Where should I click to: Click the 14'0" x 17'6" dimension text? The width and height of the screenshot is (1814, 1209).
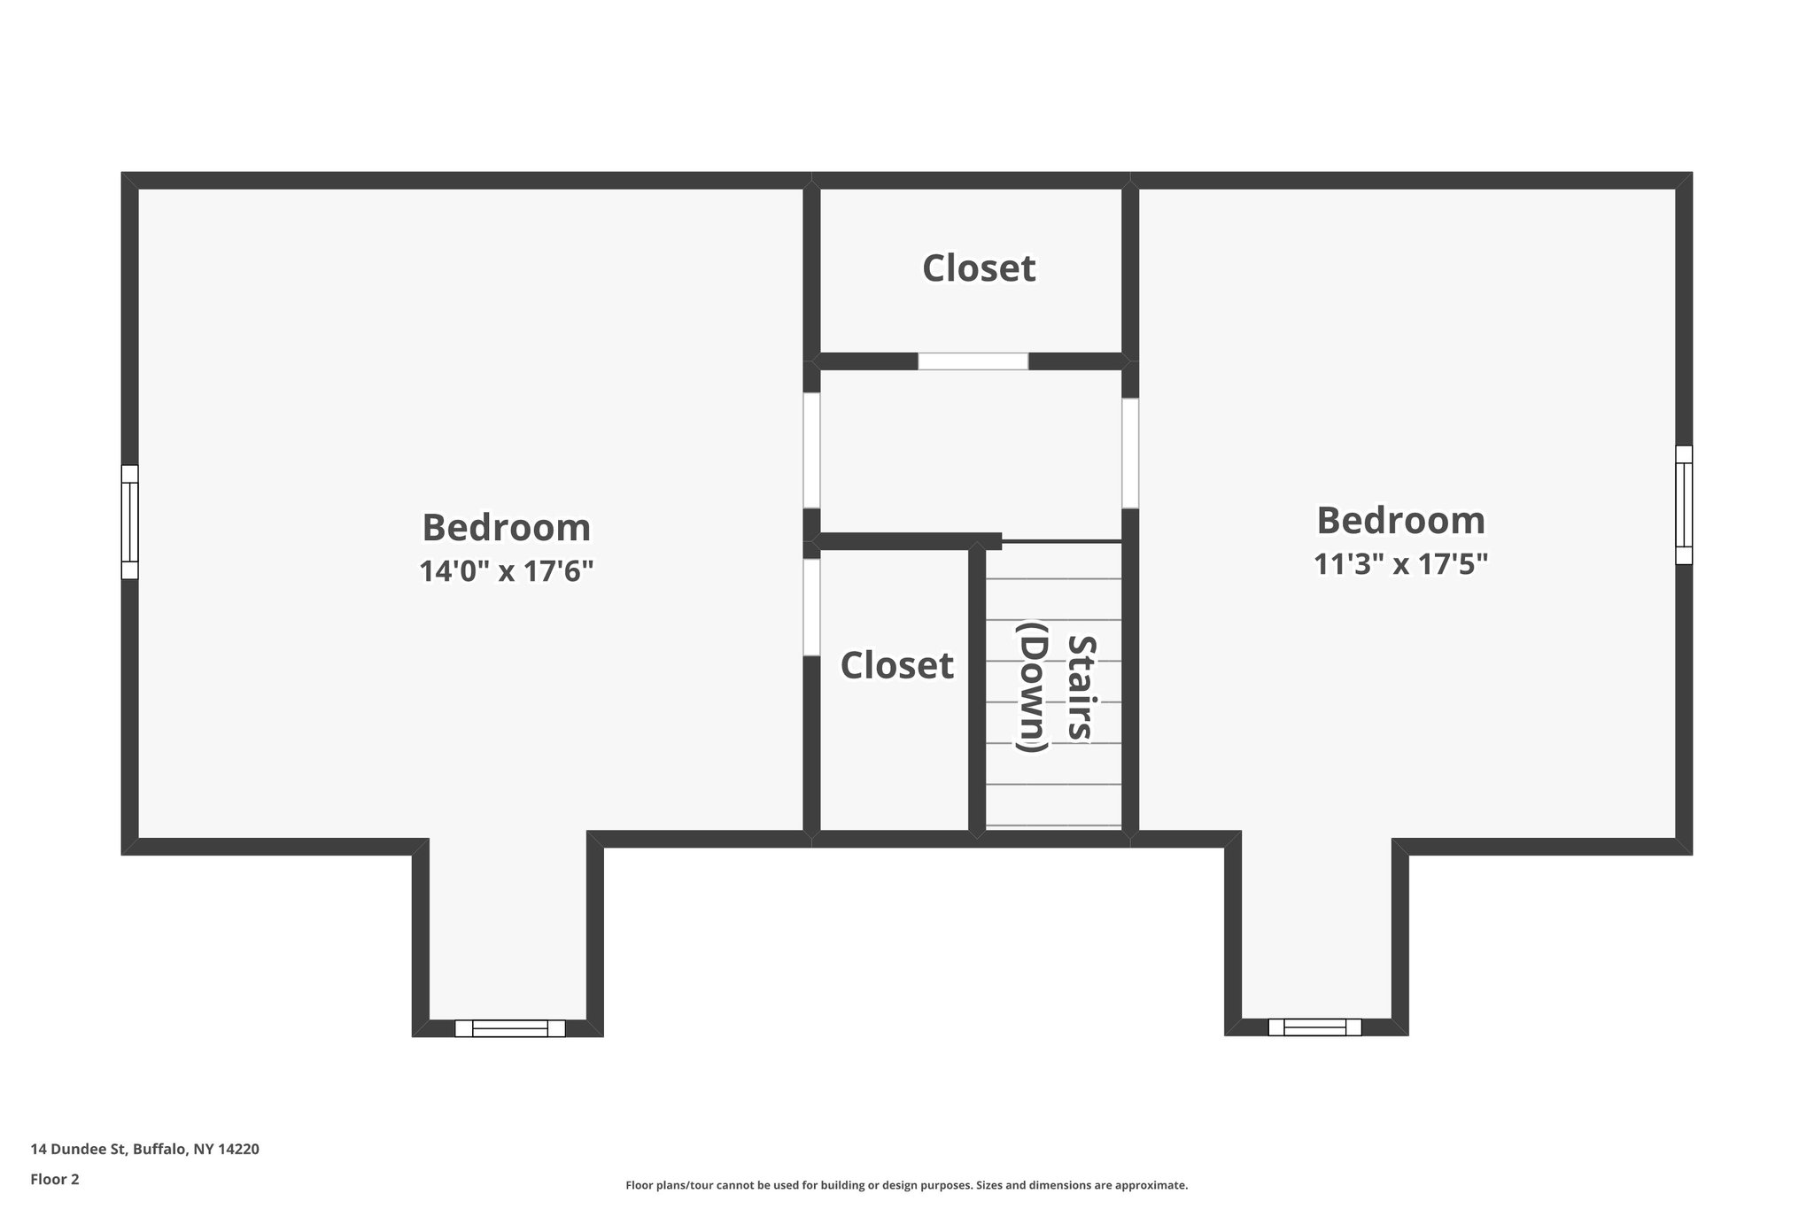pyautogui.click(x=506, y=571)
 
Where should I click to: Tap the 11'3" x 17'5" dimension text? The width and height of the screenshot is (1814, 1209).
pyautogui.click(x=1399, y=563)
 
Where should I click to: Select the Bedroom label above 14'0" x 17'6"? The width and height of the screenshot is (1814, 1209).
pyautogui.click(x=506, y=528)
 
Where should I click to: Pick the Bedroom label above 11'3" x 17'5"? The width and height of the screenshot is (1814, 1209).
pyautogui.click(x=1400, y=520)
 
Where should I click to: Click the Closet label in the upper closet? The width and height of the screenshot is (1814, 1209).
pyautogui.click(x=978, y=268)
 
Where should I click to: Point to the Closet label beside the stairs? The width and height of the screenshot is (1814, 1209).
pyautogui.click(x=896, y=665)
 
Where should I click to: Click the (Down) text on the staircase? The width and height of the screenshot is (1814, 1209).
pyautogui.click(x=1033, y=687)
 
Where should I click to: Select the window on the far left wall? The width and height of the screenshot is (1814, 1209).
pyautogui.click(x=130, y=522)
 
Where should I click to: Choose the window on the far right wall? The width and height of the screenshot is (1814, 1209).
pyautogui.click(x=1683, y=505)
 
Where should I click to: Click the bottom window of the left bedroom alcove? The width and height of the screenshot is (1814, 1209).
pyautogui.click(x=509, y=1028)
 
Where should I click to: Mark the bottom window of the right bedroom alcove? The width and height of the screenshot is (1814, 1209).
pyautogui.click(x=1314, y=1027)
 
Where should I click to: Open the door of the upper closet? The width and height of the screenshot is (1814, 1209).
pyautogui.click(x=973, y=361)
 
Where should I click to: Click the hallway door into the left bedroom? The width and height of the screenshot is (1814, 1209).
pyautogui.click(x=811, y=450)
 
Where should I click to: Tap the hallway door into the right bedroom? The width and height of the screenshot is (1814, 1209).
pyautogui.click(x=1130, y=453)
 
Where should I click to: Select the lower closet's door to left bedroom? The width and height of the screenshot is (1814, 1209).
pyautogui.click(x=811, y=607)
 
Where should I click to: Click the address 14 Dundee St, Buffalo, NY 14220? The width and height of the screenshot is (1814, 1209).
pyautogui.click(x=144, y=1150)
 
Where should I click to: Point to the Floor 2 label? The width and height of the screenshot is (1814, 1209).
pyautogui.click(x=55, y=1179)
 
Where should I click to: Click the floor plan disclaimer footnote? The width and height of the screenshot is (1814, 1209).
pyautogui.click(x=906, y=1185)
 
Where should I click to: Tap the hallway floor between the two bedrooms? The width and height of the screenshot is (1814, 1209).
pyautogui.click(x=971, y=452)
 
